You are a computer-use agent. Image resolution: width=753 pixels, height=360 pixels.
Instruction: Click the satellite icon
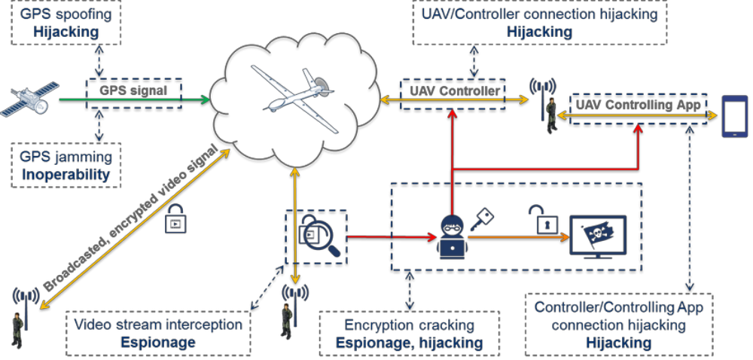(x=29, y=102)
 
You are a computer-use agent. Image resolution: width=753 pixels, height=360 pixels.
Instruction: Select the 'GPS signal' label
(x=133, y=91)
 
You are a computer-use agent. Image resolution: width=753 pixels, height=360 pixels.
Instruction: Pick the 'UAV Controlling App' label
(x=638, y=105)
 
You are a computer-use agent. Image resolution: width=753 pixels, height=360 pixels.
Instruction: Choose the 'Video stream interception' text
(x=158, y=325)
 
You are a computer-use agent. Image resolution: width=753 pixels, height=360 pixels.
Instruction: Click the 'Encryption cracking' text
(x=409, y=325)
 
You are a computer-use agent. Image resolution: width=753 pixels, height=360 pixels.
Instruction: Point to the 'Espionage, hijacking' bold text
(x=409, y=343)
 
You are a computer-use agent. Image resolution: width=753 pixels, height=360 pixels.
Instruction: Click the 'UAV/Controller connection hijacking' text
(x=538, y=14)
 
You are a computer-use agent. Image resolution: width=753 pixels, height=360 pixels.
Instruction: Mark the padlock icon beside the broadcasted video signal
(x=175, y=218)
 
